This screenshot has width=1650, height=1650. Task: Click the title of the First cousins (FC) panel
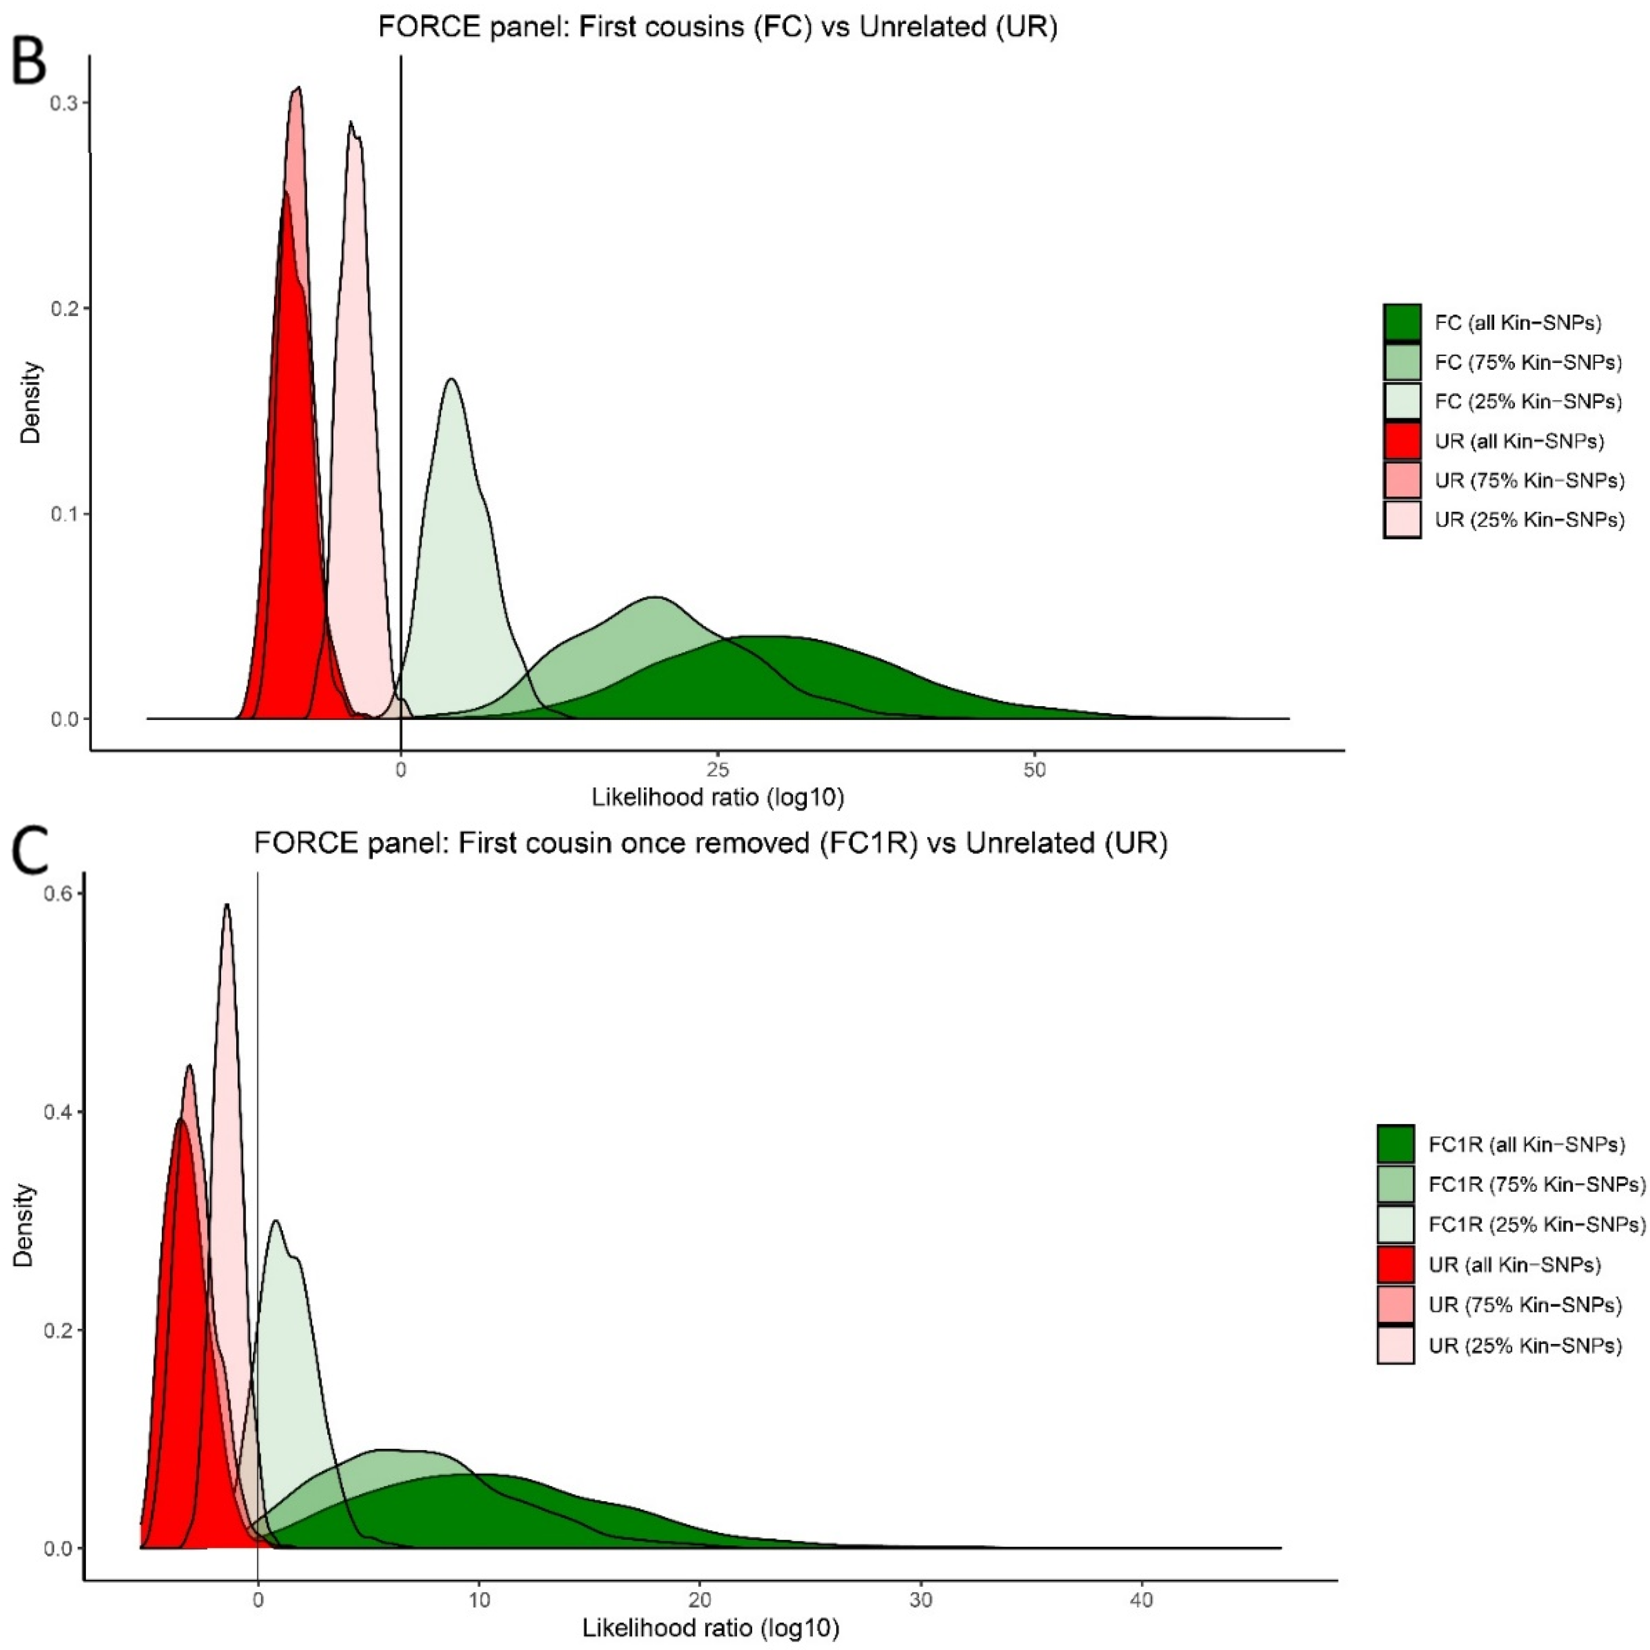[717, 27]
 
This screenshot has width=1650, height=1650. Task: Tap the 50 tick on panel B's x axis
[1034, 770]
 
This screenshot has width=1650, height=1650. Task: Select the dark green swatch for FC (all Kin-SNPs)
[1402, 323]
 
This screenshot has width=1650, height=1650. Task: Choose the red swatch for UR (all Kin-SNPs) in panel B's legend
[1402, 441]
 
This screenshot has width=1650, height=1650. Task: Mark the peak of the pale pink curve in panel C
[226, 905]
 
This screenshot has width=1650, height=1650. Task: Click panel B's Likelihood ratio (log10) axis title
[717, 798]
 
